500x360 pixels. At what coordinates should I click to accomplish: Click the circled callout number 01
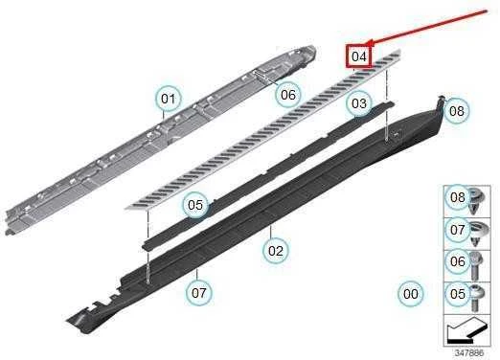point(169,99)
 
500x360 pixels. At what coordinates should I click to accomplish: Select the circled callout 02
point(276,251)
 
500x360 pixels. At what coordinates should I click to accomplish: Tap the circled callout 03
point(359,103)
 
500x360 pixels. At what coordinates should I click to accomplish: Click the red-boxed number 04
point(359,56)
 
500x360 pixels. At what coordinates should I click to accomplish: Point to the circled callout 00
point(411,294)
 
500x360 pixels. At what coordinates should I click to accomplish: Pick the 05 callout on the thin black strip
point(195,205)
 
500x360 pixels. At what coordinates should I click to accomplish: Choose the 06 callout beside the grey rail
point(288,95)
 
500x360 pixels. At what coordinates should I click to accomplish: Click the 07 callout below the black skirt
point(199,293)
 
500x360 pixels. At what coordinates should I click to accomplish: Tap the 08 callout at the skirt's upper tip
point(457,111)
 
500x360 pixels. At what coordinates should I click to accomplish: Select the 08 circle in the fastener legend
point(458,197)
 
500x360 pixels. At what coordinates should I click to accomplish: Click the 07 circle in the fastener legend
point(458,230)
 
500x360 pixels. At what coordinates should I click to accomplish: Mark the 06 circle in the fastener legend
point(458,261)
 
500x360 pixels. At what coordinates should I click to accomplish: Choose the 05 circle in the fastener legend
point(458,294)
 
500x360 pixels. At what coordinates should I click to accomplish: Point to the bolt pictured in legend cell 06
point(476,265)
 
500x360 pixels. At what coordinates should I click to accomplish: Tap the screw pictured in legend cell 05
point(476,298)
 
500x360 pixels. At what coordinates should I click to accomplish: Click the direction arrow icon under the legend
point(467,330)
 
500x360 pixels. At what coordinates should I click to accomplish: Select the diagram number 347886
point(469,353)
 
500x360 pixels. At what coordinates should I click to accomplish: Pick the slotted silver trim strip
point(263,129)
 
